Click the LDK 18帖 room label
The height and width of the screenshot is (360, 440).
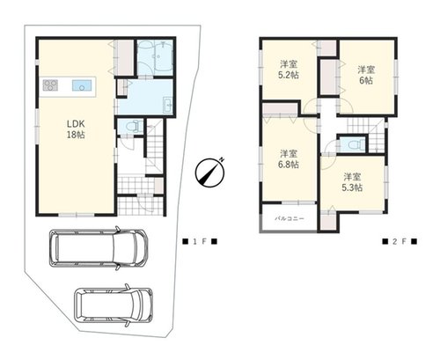tap(76, 129)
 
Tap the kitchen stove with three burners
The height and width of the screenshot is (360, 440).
tap(50, 85)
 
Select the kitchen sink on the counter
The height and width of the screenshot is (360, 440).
tap(82, 85)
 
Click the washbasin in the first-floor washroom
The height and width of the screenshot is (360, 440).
tap(168, 105)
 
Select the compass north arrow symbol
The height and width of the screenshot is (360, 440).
tap(209, 173)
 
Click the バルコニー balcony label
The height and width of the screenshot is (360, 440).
tap(290, 218)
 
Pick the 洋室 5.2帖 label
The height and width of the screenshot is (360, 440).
tap(289, 70)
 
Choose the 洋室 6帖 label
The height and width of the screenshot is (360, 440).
tap(366, 75)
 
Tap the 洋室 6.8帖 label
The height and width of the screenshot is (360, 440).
tap(289, 158)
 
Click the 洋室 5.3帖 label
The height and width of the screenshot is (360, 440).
tap(352, 182)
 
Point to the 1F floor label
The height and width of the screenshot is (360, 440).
tap(200, 241)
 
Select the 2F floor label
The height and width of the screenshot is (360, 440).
tap(400, 241)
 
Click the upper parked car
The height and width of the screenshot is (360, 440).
tap(98, 248)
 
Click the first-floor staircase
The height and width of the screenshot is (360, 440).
tap(155, 147)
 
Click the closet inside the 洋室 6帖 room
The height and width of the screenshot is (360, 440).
tap(328, 77)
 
